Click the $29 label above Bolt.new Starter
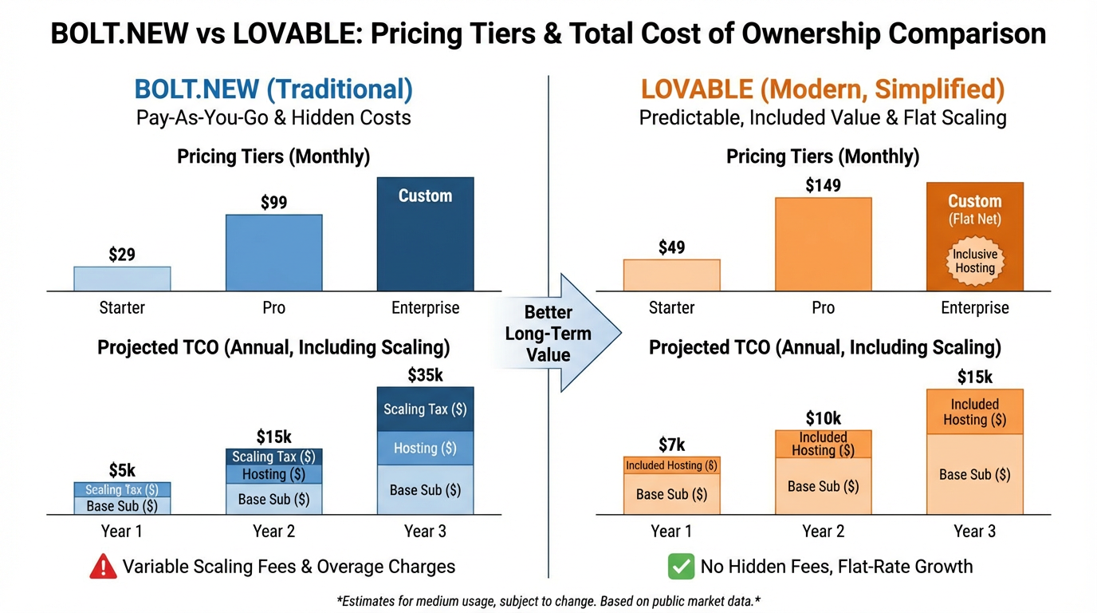pyautogui.click(x=122, y=255)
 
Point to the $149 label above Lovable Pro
pyautogui.click(x=823, y=186)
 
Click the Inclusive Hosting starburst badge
pyautogui.click(x=975, y=261)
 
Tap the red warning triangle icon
pyautogui.click(x=104, y=567)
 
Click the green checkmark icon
pyautogui.click(x=680, y=567)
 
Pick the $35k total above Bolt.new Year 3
pyautogui.click(x=425, y=375)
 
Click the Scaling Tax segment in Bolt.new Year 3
pyautogui.click(x=425, y=409)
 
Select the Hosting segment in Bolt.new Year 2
pyautogui.click(x=273, y=474)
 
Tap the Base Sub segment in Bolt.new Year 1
pyautogui.click(x=122, y=506)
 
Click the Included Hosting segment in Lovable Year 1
pyautogui.click(x=671, y=465)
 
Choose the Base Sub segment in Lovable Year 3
pyautogui.click(x=974, y=474)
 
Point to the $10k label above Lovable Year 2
pyautogui.click(x=823, y=418)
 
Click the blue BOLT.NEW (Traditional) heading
pyautogui.click(x=273, y=89)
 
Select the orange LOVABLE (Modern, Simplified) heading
pyautogui.click(x=823, y=89)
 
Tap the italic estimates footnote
pyautogui.click(x=548, y=600)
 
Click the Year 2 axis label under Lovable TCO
pyautogui.click(x=823, y=532)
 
